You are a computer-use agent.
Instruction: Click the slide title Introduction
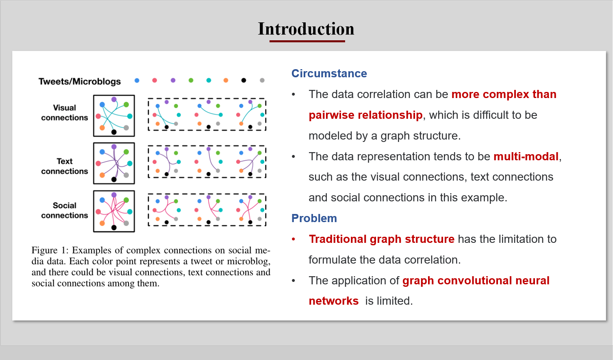tap(306, 29)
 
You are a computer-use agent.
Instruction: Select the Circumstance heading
tap(329, 74)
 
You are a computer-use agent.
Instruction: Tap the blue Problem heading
tap(314, 218)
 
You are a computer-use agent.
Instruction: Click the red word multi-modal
tap(526, 157)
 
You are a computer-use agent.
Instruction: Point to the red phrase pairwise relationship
tap(365, 115)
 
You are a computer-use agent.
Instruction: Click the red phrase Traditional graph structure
tap(381, 239)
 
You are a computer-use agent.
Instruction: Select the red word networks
tap(333, 301)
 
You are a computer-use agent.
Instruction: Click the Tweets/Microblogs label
tap(80, 81)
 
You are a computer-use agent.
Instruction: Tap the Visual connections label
tap(64, 113)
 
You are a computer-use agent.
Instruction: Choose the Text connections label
tap(64, 166)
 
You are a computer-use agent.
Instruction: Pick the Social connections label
tap(64, 210)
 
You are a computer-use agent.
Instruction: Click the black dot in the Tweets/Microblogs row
tap(243, 81)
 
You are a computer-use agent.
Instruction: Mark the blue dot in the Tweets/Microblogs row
tap(137, 81)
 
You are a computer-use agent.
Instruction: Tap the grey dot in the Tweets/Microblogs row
tap(262, 81)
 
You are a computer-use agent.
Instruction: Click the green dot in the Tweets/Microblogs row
tap(191, 81)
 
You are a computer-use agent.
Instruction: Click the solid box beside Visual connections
tap(114, 116)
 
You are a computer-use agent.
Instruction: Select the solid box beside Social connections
tap(114, 211)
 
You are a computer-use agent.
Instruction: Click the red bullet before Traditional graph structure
tap(293, 239)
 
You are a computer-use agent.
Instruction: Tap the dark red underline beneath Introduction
tap(307, 41)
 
